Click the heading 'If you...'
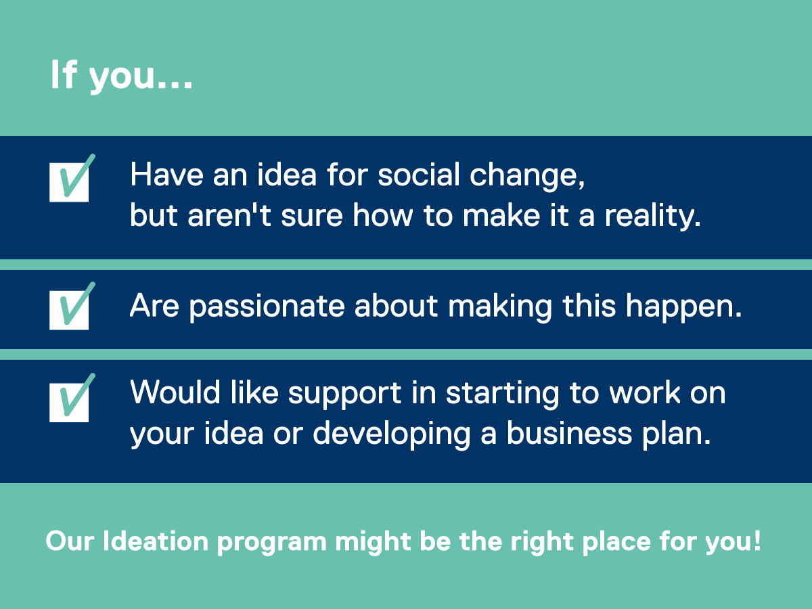[x=121, y=75]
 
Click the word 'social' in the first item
[x=419, y=175]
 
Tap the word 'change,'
[x=527, y=177]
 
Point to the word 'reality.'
[x=652, y=217]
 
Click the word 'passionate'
[x=267, y=307]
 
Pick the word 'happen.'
[x=683, y=307]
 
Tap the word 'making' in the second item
[x=500, y=307]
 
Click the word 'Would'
[x=175, y=392]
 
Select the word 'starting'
[x=502, y=394]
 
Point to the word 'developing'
[x=392, y=434]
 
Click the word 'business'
[x=569, y=432]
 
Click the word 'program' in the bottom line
[x=272, y=543]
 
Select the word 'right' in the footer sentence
[x=541, y=543]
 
